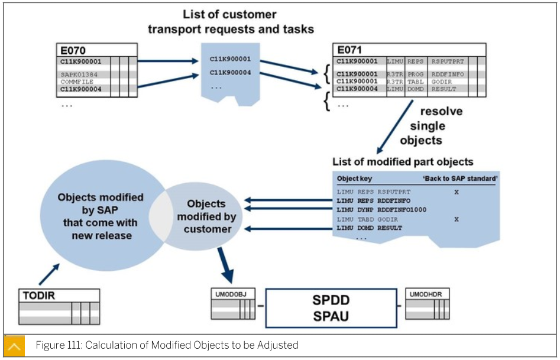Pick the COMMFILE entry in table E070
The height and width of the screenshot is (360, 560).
(x=76, y=82)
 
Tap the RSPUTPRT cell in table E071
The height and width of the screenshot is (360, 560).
(x=448, y=61)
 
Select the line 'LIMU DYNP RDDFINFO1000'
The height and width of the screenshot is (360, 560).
(x=381, y=210)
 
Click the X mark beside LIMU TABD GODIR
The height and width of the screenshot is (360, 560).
(x=457, y=219)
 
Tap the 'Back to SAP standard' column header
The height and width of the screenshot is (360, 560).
(x=460, y=179)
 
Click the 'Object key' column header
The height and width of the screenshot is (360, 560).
(x=355, y=179)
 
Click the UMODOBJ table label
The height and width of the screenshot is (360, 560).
(x=227, y=293)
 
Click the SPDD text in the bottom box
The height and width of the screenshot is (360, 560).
(x=331, y=300)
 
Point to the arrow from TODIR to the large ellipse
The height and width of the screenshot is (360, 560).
(x=48, y=273)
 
